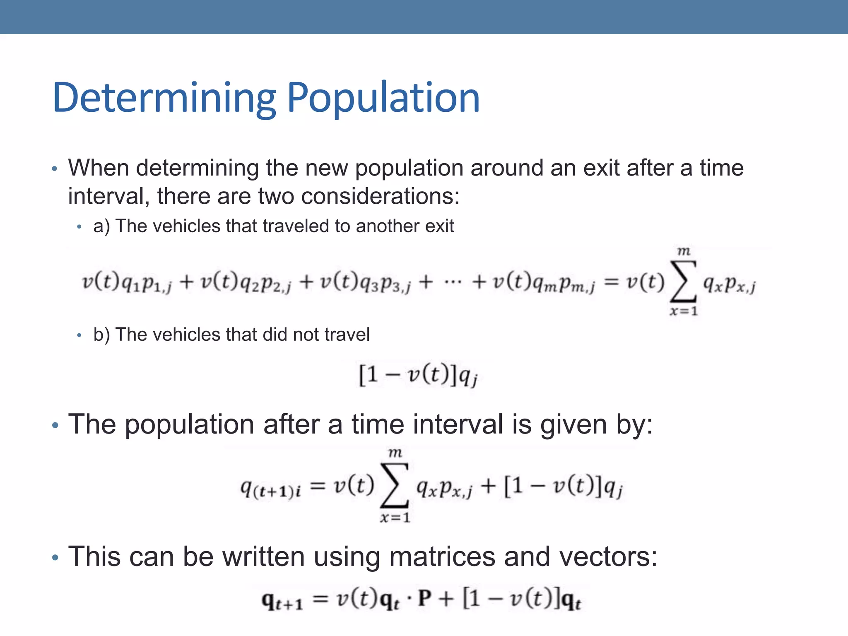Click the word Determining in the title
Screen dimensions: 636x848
[x=164, y=99]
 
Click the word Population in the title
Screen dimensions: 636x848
[x=383, y=99]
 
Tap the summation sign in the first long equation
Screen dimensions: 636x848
[x=684, y=281]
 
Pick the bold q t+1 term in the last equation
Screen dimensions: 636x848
[x=282, y=600]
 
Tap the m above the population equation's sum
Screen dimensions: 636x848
[x=395, y=453]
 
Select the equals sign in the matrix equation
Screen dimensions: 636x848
[x=320, y=599]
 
